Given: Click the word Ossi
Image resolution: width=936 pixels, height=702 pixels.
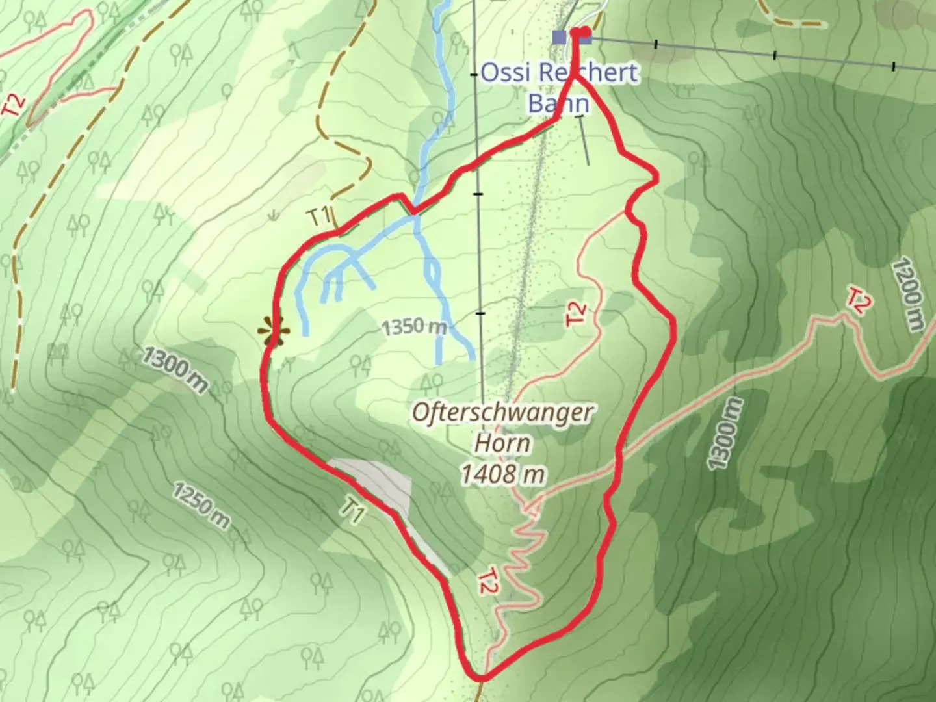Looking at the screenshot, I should click(508, 73).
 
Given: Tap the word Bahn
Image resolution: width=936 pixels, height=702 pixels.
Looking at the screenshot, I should click(558, 104).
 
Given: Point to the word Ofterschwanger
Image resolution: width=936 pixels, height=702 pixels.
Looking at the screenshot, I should click(502, 412).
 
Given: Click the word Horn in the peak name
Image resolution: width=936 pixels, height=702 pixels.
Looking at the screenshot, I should click(502, 444).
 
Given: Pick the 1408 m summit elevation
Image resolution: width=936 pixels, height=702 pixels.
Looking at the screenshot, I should click(502, 475).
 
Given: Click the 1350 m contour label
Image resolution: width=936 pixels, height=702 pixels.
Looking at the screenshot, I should click(414, 327).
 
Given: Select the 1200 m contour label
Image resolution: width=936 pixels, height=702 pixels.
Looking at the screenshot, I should click(907, 294).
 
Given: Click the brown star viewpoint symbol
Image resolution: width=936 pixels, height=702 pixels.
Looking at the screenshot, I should click(273, 331).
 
